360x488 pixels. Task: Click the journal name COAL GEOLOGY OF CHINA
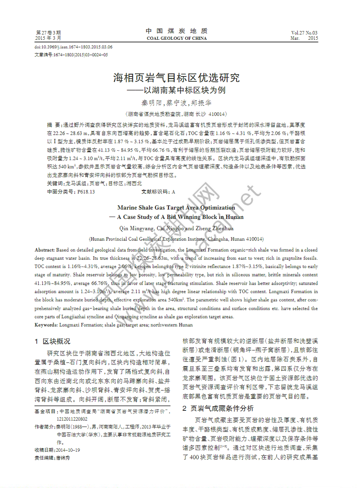tap(177, 38)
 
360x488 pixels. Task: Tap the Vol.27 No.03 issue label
tap(304, 33)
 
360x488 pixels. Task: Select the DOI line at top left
tap(74, 47)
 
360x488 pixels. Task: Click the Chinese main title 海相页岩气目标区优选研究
tap(176, 78)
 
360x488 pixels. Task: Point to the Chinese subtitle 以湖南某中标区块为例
tap(185, 90)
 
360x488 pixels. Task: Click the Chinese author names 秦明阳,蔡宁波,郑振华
tap(176, 103)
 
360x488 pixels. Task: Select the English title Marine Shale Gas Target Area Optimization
tap(176, 207)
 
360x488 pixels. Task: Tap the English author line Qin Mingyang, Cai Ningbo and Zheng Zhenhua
tap(176, 228)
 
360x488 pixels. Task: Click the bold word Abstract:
tap(45, 250)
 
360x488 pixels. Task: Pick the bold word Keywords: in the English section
tap(46, 325)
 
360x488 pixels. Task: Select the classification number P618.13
tap(86, 192)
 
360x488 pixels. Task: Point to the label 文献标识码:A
tap(158, 192)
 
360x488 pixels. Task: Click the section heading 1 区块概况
tap(53, 341)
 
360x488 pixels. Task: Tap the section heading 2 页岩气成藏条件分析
tap(218, 408)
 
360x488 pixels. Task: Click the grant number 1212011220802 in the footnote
tap(72, 419)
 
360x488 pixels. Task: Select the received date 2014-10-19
tap(68, 450)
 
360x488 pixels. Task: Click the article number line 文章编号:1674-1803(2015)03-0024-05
tap(71, 55)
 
